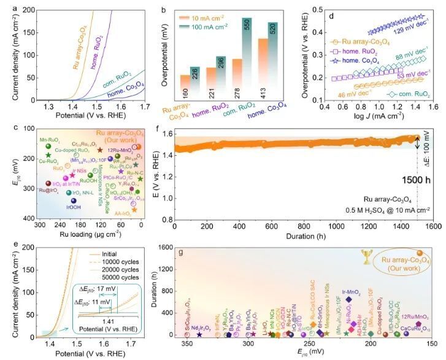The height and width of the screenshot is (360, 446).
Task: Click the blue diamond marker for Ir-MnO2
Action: [348, 300]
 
